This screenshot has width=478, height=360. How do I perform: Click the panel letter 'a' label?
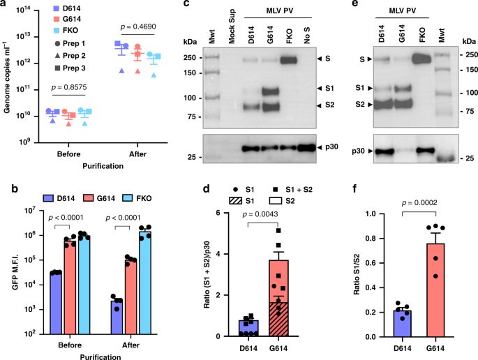(5, 6)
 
